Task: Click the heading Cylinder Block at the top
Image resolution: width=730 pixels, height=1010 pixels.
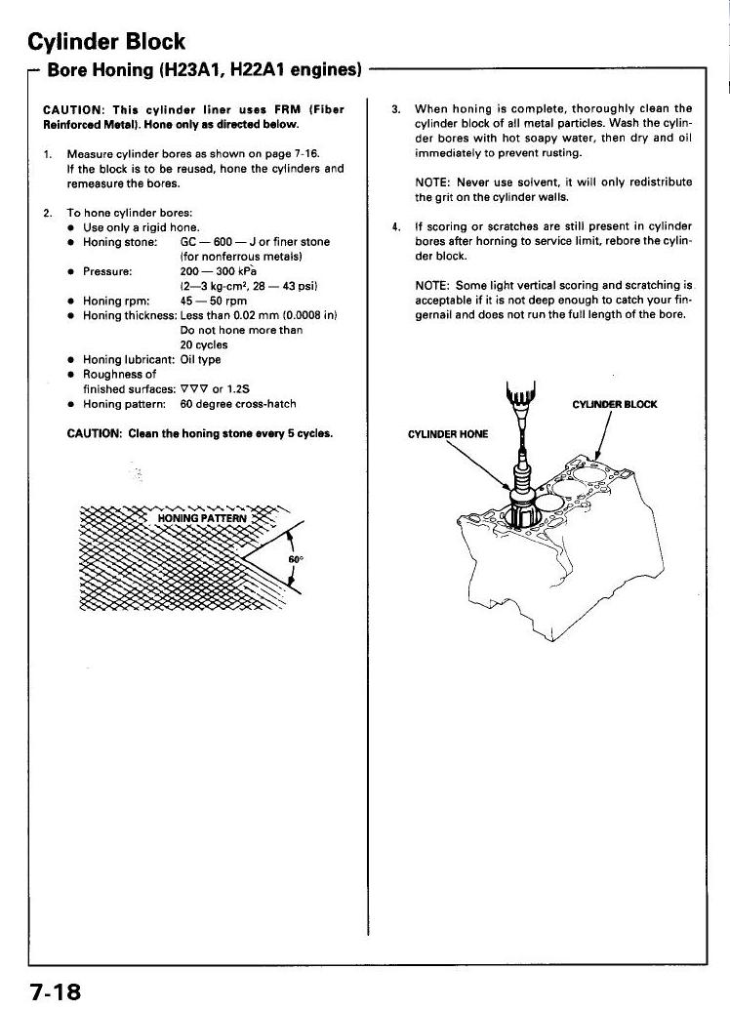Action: pyautogui.click(x=106, y=41)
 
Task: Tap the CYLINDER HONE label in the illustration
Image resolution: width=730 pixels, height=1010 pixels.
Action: pyautogui.click(x=448, y=434)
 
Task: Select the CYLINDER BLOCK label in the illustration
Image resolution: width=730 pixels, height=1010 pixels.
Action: pyautogui.click(x=615, y=404)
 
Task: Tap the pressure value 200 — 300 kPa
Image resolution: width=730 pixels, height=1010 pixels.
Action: pyautogui.click(x=219, y=271)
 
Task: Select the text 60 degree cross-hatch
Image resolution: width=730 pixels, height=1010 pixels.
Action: pyautogui.click(x=237, y=403)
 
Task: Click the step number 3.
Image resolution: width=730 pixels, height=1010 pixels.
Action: pyautogui.click(x=396, y=108)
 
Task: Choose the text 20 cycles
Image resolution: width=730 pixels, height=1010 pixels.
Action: pyautogui.click(x=202, y=344)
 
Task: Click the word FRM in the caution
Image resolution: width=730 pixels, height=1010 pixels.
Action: pyautogui.click(x=287, y=109)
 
